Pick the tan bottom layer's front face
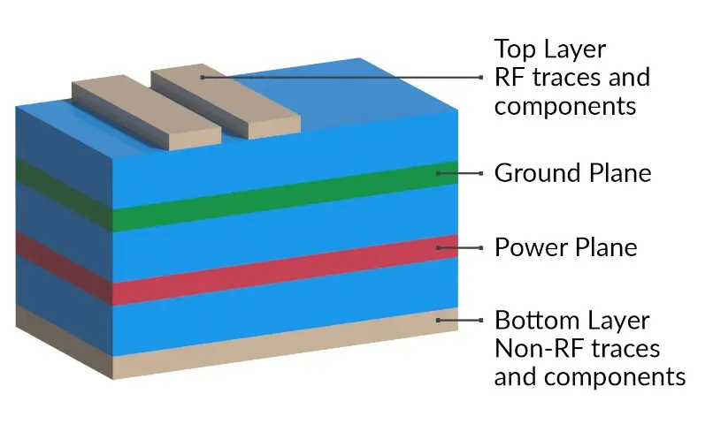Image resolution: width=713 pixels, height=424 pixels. click(283, 341)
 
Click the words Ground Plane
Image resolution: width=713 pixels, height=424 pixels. click(571, 173)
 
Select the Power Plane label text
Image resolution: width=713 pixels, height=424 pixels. click(565, 247)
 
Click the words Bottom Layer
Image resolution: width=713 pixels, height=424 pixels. click(571, 320)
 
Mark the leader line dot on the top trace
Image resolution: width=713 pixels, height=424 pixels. click(203, 77)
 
